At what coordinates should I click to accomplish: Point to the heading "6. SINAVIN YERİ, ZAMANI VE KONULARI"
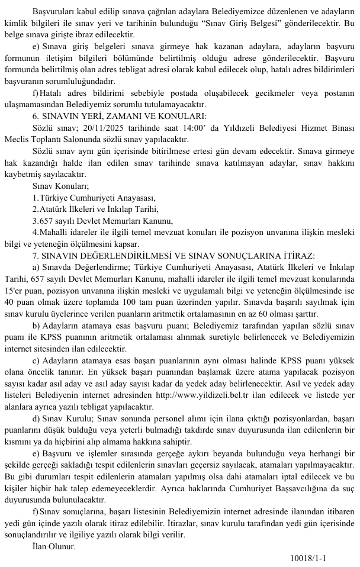point(119,117)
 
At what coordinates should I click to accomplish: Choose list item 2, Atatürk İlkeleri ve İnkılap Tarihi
point(95,210)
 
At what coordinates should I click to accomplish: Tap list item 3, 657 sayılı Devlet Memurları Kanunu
point(103,221)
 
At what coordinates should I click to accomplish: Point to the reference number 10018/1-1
point(308,558)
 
